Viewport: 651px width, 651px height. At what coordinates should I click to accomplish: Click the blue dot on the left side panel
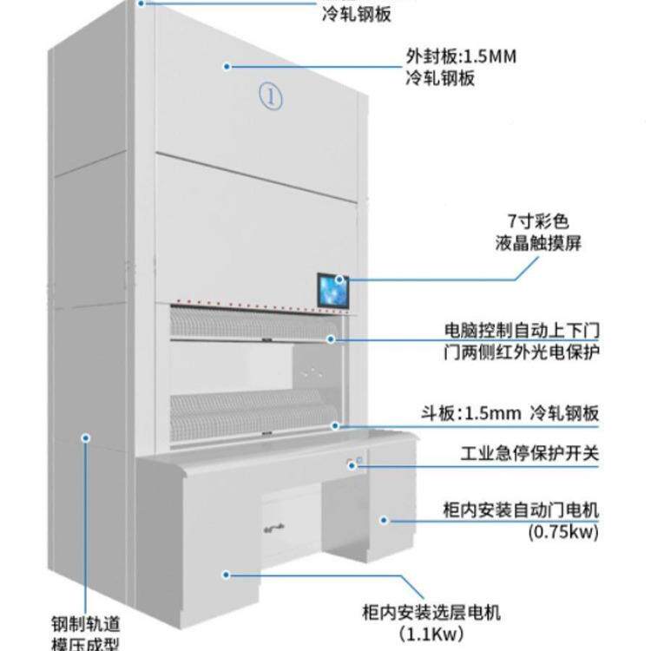tap(84, 438)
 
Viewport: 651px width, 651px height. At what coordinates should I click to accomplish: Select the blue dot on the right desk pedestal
tap(382, 520)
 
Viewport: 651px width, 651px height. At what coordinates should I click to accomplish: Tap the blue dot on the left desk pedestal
tap(226, 574)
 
